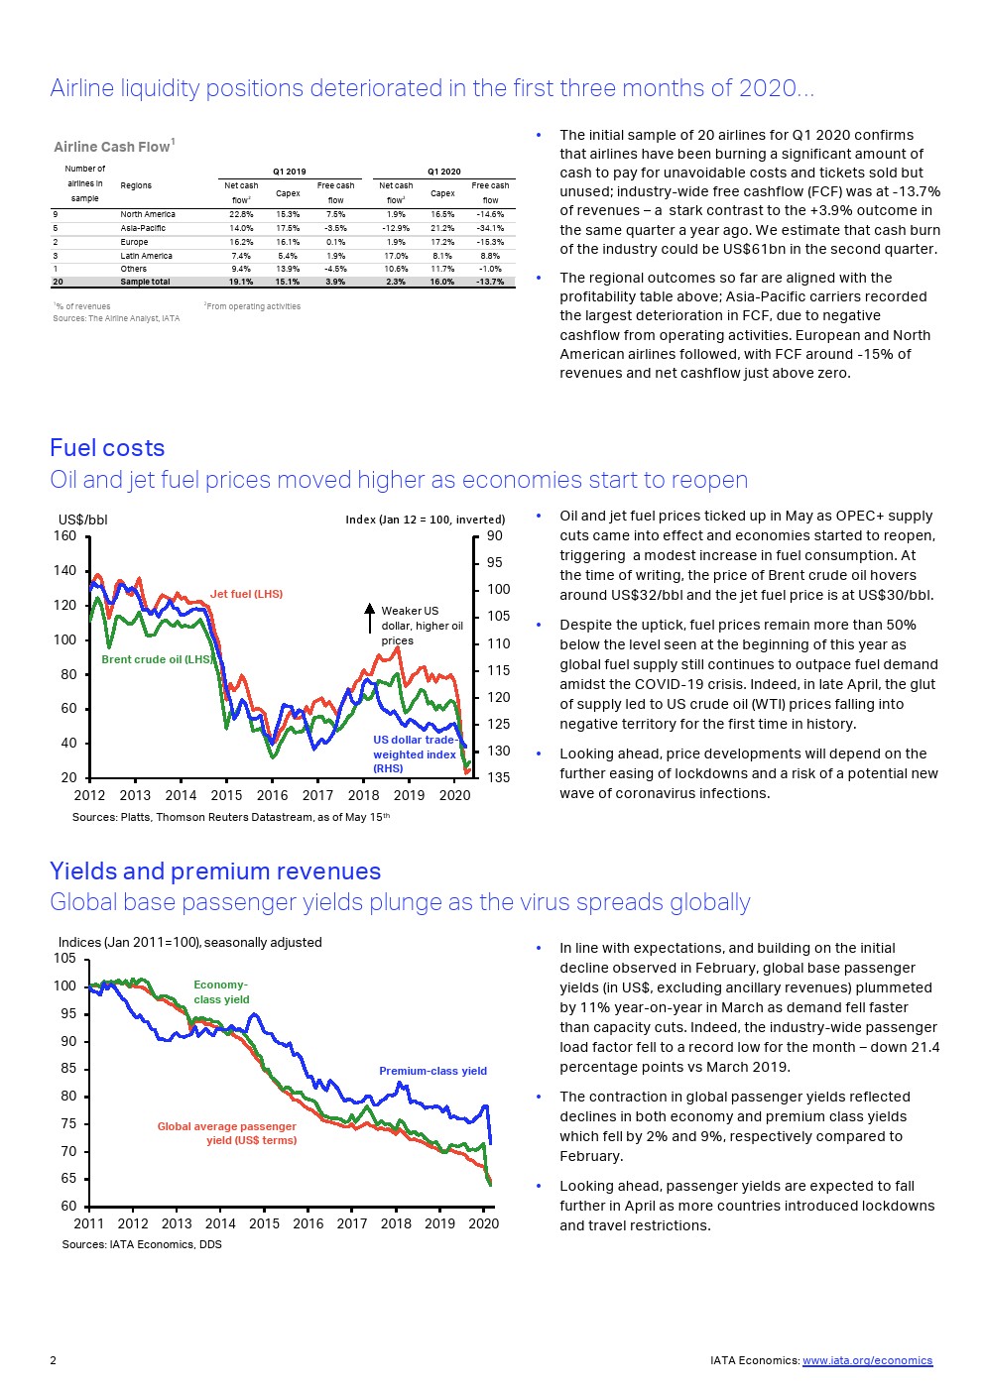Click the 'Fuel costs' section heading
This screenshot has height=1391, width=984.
(107, 448)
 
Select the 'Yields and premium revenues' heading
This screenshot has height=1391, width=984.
(215, 871)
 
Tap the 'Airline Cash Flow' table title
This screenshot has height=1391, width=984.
(113, 147)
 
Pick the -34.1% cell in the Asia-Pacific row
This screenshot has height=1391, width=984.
(490, 228)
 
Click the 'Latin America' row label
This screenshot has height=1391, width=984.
(146, 256)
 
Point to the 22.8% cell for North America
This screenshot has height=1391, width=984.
(241, 214)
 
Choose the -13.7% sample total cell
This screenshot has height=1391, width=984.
(490, 282)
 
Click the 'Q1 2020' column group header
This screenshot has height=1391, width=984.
(443, 172)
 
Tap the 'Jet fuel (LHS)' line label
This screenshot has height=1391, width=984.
(246, 594)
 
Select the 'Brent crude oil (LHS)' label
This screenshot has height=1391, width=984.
(158, 659)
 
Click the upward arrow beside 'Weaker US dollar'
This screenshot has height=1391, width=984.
(369, 617)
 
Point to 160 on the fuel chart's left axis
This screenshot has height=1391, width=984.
(65, 536)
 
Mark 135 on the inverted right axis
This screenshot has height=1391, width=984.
(498, 777)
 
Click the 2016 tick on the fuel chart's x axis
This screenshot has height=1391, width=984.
(272, 795)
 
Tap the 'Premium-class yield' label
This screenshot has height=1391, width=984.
(432, 1071)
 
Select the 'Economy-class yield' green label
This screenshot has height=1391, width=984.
(221, 991)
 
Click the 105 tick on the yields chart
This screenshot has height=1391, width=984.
(65, 959)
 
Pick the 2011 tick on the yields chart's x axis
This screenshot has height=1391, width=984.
(89, 1223)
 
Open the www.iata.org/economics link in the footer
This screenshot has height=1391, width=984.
(867, 1360)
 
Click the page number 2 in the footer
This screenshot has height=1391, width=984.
(54, 1360)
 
